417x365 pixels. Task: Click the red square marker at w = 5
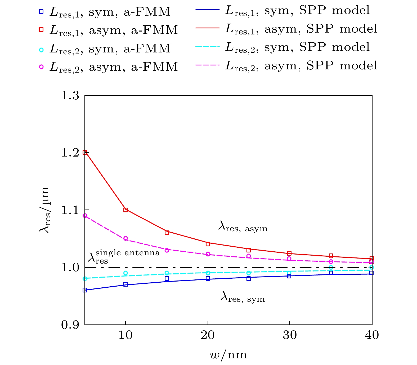(x=85, y=152)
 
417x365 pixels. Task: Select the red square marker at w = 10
(x=125, y=210)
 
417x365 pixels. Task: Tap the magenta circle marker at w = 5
(x=85, y=216)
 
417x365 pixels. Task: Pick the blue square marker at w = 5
(x=85, y=290)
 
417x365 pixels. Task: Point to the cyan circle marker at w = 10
(x=125, y=273)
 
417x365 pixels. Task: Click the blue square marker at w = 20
(x=208, y=279)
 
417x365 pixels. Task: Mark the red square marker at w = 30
(x=289, y=253)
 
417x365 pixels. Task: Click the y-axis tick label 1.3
(x=70, y=95)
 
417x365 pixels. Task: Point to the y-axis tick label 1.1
(x=70, y=210)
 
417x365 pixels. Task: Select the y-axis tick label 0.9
(x=70, y=325)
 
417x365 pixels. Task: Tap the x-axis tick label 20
(x=208, y=335)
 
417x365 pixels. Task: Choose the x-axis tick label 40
(x=372, y=335)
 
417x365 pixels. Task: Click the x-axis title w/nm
(x=228, y=354)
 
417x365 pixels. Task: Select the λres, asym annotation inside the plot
(x=243, y=227)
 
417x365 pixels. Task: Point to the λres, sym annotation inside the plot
(x=243, y=297)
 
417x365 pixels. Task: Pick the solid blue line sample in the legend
(x=208, y=10)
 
